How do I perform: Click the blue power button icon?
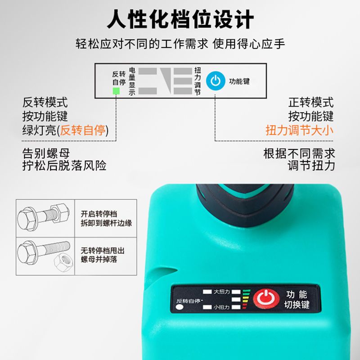216,81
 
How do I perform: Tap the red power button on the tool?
266,298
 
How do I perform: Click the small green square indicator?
116,91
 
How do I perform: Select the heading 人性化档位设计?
180,19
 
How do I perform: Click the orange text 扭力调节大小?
299,130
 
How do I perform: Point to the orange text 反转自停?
83,130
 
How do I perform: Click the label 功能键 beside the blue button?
239,81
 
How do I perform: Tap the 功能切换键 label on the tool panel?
297,299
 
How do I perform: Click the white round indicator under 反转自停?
180,307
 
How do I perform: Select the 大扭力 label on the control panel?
222,292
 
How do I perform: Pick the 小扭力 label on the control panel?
221,307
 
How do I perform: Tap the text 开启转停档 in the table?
99,214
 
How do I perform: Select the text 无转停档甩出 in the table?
103,251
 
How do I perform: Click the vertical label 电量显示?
132,81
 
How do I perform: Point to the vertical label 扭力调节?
198,81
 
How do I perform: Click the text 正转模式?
311,103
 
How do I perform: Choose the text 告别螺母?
46,153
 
